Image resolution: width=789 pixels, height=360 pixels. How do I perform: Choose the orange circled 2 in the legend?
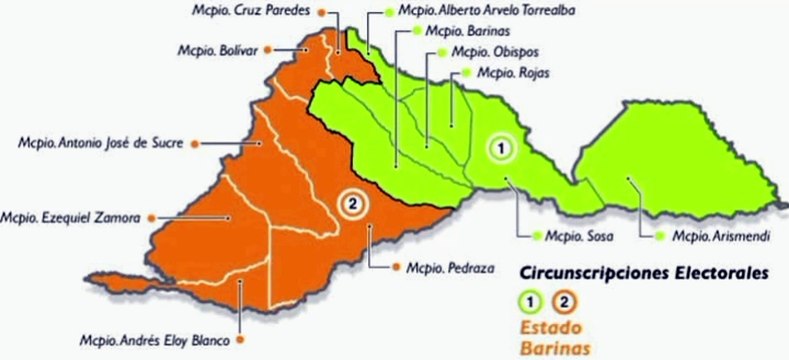[x=565, y=299]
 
